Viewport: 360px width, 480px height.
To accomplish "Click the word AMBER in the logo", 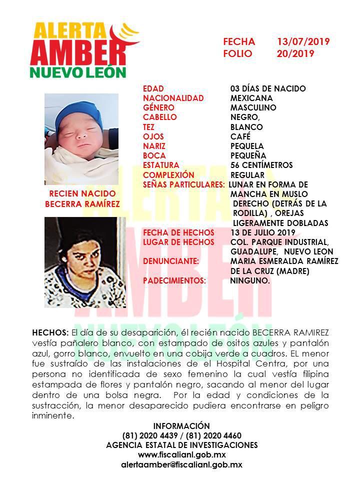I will (80, 51).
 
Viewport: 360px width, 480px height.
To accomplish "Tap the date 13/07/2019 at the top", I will (303, 41).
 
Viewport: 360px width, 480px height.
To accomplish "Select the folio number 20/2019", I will (295, 53).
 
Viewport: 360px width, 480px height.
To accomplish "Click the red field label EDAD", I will (153, 88).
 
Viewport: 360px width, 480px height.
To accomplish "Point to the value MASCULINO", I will (253, 107).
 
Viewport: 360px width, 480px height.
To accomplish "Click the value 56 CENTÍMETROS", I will (261, 165).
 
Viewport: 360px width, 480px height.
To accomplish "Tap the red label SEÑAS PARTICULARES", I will (183, 184).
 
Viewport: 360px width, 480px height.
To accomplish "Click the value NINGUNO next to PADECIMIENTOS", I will (249, 281).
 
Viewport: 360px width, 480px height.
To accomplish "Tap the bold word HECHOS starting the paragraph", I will (50, 332).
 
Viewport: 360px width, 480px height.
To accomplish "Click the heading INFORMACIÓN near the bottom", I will (181, 425).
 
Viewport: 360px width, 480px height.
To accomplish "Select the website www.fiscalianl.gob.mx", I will (181, 454).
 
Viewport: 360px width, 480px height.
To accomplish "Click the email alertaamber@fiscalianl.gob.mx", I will (181, 464).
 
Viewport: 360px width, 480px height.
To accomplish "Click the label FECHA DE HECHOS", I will (178, 232).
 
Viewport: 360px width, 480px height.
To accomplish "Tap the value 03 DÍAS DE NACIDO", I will (268, 88).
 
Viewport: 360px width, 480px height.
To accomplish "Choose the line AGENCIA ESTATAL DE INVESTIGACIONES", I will (181, 444).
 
